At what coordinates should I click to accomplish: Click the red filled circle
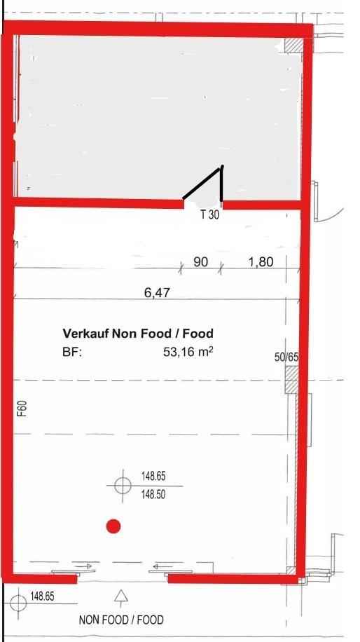coord(113,526)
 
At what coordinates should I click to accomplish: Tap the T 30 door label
coord(210,215)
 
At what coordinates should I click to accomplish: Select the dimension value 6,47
coord(157,292)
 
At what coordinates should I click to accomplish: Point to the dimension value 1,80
coord(261,261)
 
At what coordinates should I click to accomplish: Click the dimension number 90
coord(200,261)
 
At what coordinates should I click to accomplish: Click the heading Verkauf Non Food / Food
coord(138,334)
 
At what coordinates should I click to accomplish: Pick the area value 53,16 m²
coord(188,351)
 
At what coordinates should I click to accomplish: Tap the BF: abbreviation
coord(72,352)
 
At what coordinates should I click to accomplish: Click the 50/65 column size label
coord(286,357)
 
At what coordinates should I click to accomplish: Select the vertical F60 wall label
coord(22,409)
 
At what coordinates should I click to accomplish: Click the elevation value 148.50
coord(153,495)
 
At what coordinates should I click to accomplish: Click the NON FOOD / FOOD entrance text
coord(121,620)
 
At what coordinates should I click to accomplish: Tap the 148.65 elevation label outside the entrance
coord(42,596)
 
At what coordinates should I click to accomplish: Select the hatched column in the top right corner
coord(293,45)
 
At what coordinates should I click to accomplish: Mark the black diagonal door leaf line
coord(202,183)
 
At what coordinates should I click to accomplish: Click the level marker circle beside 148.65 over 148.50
coord(123,486)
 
